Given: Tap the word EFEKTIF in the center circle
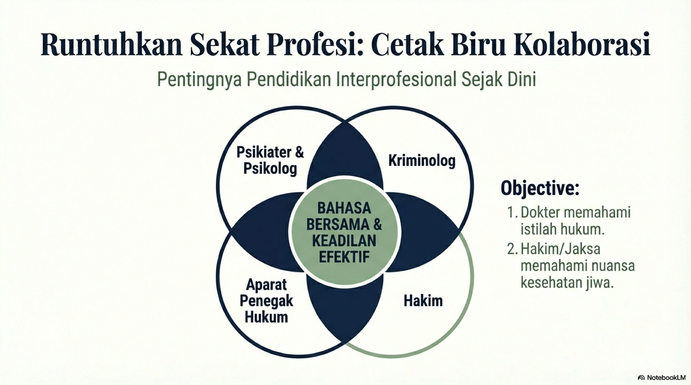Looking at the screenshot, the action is point(344,257).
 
